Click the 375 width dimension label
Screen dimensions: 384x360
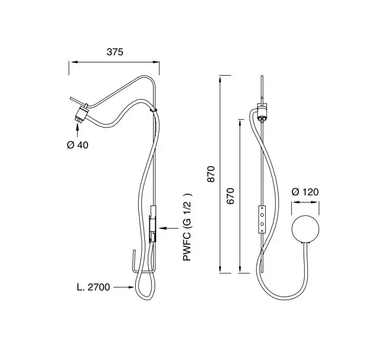pos(115,52)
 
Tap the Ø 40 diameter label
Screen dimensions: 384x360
pos(77,145)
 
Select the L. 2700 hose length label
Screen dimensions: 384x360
pos(93,287)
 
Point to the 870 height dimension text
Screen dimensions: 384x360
pos(211,174)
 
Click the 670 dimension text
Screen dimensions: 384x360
pos(230,196)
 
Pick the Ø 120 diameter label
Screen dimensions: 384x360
pos(305,192)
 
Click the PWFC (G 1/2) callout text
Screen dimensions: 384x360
pos(188,227)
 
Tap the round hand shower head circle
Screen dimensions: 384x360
pos(305,229)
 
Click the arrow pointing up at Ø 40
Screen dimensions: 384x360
pos(78,130)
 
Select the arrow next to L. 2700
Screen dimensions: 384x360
pos(124,287)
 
